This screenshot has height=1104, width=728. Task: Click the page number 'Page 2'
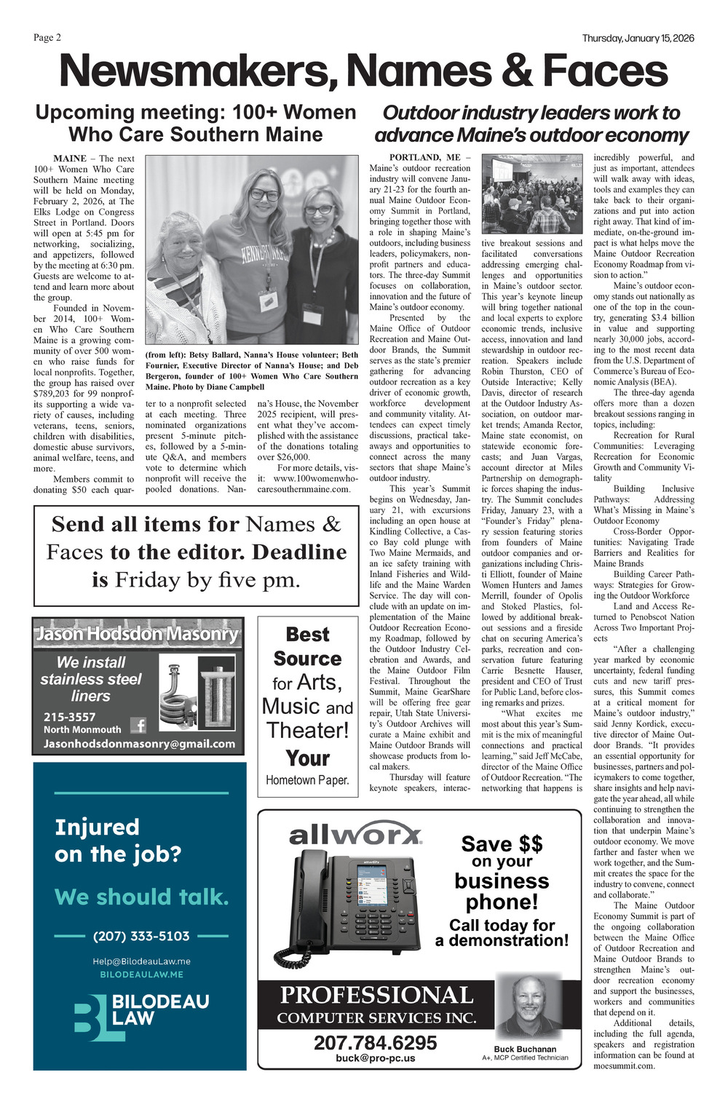(x=47, y=38)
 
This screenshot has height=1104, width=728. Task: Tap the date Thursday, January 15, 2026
(x=638, y=39)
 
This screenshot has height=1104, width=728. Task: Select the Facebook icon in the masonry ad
(x=138, y=725)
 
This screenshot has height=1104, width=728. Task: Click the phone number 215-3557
(x=69, y=717)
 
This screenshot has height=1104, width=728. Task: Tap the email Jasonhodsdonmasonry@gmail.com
(x=139, y=744)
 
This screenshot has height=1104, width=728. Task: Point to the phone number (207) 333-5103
(x=141, y=936)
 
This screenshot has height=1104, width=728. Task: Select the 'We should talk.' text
(x=141, y=897)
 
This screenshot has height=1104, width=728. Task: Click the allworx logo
(x=355, y=835)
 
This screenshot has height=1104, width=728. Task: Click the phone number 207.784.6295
(x=375, y=1043)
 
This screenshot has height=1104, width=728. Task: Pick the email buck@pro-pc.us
(x=375, y=1057)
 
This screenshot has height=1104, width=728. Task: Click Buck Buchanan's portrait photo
(x=528, y=1007)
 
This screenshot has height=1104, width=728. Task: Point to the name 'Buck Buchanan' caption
(x=525, y=1049)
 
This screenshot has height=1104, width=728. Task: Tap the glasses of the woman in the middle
(x=264, y=195)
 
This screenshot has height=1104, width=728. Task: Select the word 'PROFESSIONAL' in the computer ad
(x=376, y=995)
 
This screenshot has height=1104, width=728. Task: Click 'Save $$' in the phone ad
(x=502, y=843)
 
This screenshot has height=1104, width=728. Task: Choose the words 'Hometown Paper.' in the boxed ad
(x=307, y=780)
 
